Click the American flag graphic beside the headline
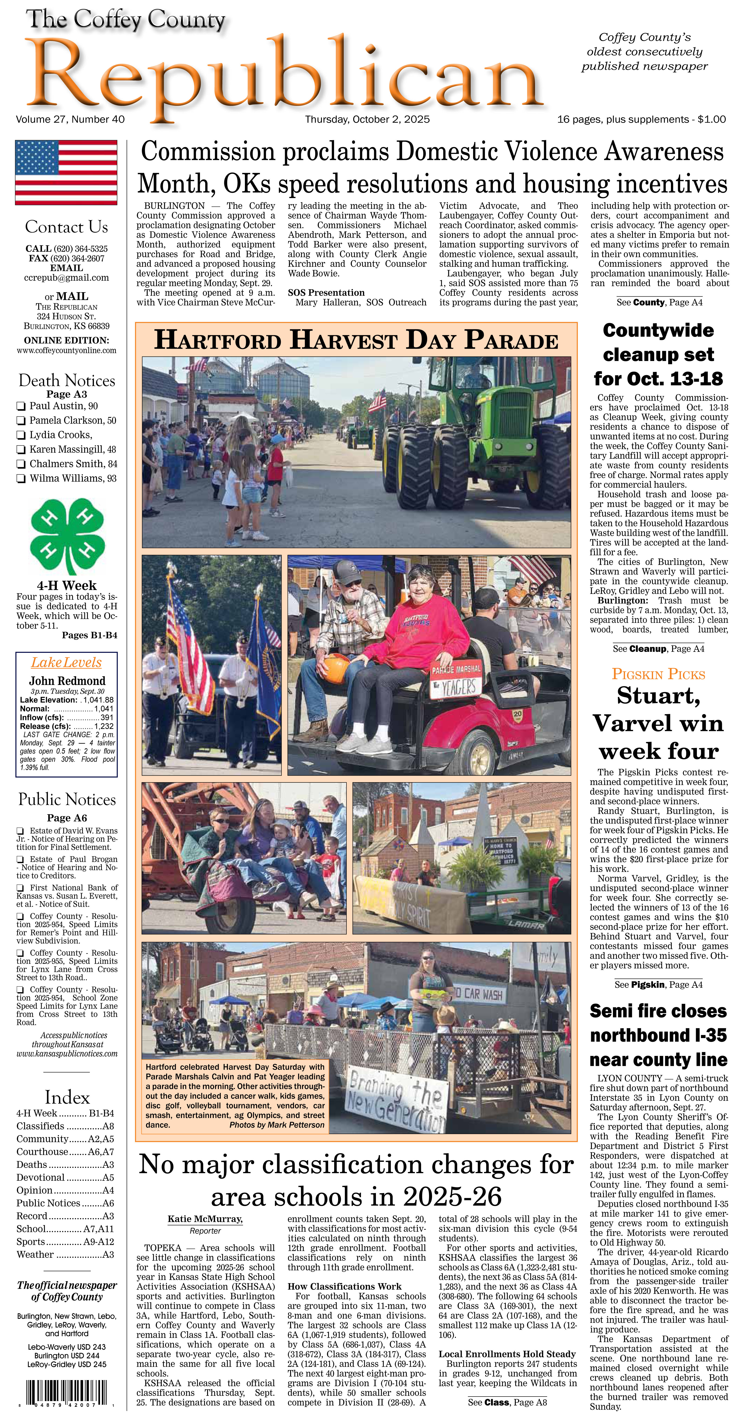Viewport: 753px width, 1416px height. pos(66,172)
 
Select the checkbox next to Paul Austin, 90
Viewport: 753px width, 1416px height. pos(21,406)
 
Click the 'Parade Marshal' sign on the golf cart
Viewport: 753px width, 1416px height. pos(456,669)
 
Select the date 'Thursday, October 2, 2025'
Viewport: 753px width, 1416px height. pos(367,119)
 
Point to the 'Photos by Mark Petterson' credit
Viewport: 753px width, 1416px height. pos(277,1125)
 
